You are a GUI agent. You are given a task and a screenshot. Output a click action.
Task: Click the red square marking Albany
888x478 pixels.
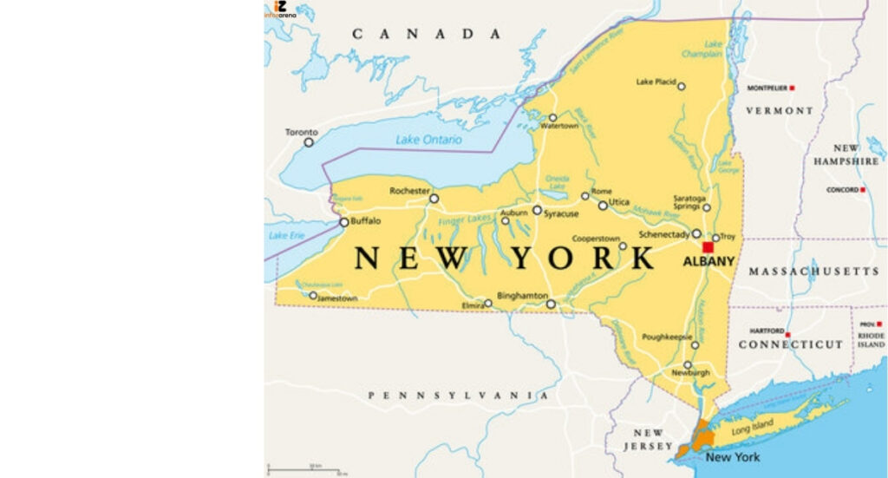708,247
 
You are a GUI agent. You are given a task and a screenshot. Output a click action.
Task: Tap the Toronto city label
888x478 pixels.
301,132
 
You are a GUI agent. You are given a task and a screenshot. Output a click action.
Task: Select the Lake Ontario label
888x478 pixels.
428,139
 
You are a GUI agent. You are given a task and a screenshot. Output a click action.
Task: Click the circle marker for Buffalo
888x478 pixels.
344,222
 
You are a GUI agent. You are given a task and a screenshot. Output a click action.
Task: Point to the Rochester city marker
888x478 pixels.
434,199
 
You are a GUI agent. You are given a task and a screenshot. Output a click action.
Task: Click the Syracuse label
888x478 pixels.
561,213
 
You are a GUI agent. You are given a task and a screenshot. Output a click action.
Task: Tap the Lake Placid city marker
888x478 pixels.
682,86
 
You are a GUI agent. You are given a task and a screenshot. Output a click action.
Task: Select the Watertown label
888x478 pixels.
559,127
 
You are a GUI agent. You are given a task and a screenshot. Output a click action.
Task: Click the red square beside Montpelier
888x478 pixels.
792,88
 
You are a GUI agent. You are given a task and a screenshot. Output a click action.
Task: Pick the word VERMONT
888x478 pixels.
780,111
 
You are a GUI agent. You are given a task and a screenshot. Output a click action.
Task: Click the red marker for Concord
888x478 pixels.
863,189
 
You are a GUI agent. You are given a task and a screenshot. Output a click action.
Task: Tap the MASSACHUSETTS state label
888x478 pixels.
813,272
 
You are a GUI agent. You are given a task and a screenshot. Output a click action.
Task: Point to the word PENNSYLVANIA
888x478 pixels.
458,396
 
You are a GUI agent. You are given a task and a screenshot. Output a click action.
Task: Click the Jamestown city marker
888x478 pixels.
313,295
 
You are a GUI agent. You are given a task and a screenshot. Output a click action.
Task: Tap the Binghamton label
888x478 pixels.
522,295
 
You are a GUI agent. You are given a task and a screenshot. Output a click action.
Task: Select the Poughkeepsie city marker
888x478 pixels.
695,345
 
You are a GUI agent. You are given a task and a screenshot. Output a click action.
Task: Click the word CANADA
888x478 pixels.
427,34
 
